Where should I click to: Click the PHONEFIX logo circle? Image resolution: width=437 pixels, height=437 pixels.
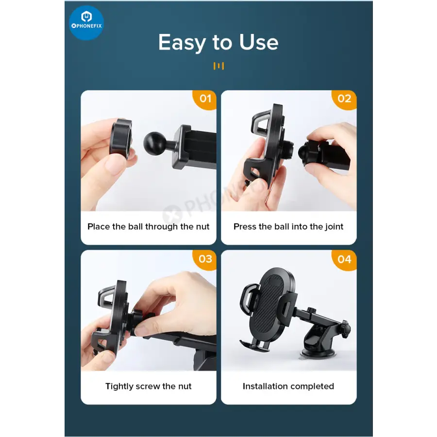(86, 23)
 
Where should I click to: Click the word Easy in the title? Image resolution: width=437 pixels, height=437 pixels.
(182, 43)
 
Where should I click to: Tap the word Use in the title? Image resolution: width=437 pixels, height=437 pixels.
(259, 42)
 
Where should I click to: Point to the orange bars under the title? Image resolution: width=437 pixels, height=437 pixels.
(218, 66)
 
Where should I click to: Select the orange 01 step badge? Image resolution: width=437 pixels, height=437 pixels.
(205, 99)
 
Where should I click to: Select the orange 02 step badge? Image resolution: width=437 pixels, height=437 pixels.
(344, 99)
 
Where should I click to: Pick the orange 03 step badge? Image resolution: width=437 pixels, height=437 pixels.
(205, 259)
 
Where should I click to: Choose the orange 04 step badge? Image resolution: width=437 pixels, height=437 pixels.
(344, 260)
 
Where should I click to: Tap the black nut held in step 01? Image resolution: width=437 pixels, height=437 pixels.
(121, 139)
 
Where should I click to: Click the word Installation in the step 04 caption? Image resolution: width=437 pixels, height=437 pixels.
(266, 387)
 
